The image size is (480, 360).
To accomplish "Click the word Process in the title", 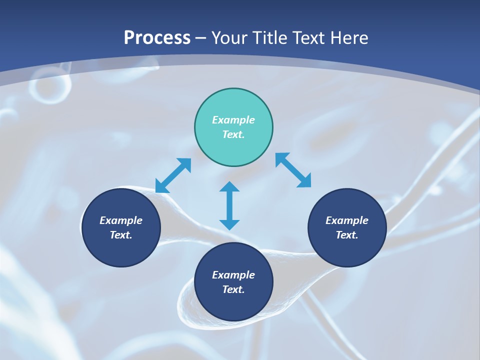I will point(157,38).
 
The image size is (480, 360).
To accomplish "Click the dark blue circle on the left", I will point(121,227).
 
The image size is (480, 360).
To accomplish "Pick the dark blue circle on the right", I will point(347,227).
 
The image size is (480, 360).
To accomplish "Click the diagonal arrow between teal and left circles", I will point(173,175).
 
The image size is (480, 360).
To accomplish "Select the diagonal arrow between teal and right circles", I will point(293,170).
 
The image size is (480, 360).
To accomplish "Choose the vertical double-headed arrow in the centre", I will point(229,205).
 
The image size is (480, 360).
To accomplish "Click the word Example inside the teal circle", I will point(233,120).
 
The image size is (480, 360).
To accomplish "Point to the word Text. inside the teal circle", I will point(233,134).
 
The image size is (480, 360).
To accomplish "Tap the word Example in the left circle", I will point(121,220).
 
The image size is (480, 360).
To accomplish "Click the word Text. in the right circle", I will point(347,235).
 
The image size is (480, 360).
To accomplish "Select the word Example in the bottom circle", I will point(233,275).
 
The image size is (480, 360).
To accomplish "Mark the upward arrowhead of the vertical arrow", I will point(229,187).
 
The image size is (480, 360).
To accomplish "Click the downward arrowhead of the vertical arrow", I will point(229,224).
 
